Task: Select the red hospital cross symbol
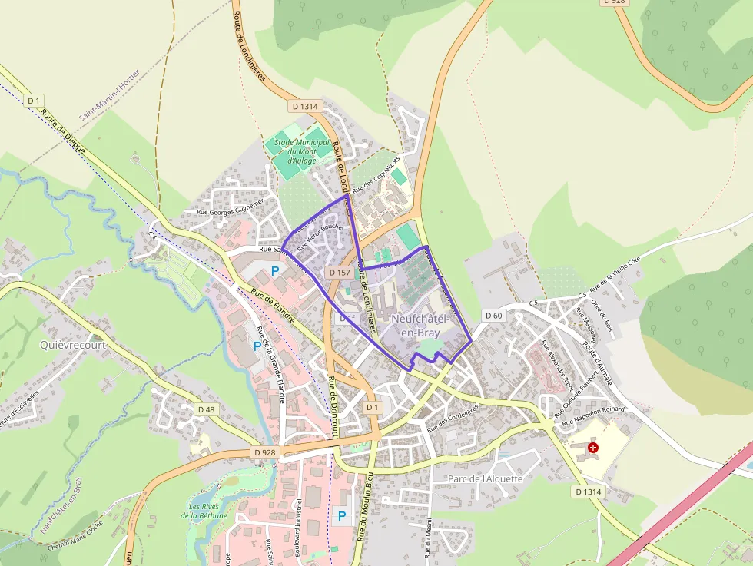click(x=592, y=447)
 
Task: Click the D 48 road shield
click(x=206, y=409)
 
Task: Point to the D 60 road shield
click(x=493, y=316)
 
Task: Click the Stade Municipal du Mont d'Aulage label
click(x=302, y=151)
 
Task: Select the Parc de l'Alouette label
click(x=484, y=478)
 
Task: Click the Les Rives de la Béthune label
click(x=204, y=511)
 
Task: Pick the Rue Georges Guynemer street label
click(x=231, y=207)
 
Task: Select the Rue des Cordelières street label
click(x=453, y=417)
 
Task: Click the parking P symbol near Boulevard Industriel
click(x=342, y=516)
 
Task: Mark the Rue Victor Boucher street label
click(x=320, y=238)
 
